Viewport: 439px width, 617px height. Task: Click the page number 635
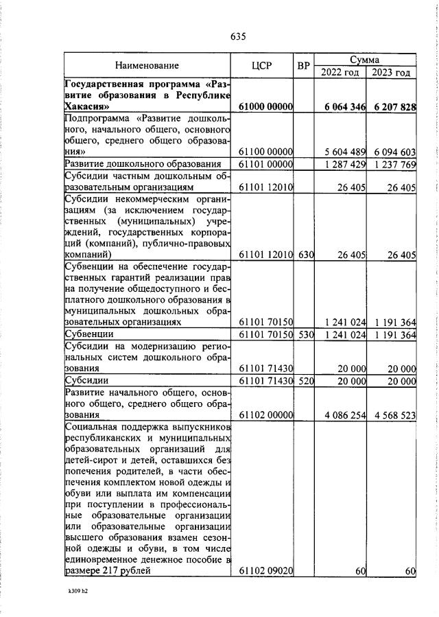[238, 36]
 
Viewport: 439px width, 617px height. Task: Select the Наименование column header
[147, 66]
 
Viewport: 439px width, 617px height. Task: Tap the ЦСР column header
[262, 66]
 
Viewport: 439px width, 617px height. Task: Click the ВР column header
[304, 66]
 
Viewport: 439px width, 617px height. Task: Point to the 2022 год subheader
[340, 72]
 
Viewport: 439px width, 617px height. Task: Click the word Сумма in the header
[365, 60]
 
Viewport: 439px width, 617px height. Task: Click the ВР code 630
[305, 255]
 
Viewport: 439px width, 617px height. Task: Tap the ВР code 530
[305, 336]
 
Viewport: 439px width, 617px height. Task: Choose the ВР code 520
[305, 381]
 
